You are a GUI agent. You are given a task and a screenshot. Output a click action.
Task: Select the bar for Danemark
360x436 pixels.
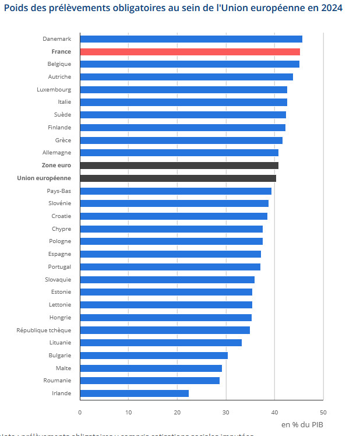point(191,39)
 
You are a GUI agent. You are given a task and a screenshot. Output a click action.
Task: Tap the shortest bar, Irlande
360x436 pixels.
point(134,393)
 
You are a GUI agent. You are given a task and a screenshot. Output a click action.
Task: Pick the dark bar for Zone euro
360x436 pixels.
point(179,166)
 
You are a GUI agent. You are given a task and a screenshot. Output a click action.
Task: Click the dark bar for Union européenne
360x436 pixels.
point(178,178)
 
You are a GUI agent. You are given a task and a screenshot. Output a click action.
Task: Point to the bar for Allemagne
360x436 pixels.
point(179,153)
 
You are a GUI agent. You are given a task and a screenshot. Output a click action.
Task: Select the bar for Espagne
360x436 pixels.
point(170,254)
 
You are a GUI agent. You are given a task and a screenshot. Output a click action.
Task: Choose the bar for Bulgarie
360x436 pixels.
point(154,356)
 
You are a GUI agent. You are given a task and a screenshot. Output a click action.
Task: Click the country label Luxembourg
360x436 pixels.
point(54,90)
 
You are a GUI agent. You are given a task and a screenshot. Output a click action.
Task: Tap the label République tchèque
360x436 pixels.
point(44,330)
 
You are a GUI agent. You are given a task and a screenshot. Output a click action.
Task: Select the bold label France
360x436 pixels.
point(61,52)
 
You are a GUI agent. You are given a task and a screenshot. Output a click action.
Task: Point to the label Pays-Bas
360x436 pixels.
point(59,191)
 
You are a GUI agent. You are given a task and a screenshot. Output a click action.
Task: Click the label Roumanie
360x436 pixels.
point(57,381)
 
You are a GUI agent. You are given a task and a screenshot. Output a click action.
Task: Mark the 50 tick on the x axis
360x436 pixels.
point(323,412)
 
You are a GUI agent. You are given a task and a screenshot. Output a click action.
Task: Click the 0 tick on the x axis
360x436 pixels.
point(80,412)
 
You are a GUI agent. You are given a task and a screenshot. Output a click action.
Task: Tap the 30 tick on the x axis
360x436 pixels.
point(225,412)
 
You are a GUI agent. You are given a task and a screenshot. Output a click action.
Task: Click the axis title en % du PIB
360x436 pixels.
point(303,424)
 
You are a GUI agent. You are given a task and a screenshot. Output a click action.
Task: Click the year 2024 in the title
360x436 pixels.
point(330,8)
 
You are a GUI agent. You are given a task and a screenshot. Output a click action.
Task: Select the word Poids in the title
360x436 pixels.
point(16,8)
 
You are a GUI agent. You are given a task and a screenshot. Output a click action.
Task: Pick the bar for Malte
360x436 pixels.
point(151,368)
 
